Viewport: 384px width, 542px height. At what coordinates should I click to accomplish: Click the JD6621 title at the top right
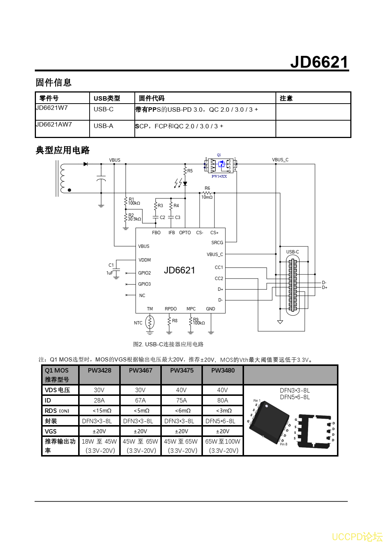click(319, 62)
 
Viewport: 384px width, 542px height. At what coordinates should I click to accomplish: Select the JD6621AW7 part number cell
click(54, 125)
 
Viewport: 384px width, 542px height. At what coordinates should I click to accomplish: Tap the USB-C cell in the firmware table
click(104, 110)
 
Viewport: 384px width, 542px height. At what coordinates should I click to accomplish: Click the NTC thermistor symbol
click(150, 322)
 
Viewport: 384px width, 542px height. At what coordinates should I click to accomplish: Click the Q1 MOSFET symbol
click(221, 165)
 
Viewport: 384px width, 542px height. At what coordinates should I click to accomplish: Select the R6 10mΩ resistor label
click(207, 193)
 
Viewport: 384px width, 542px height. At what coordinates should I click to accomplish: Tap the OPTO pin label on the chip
click(185, 233)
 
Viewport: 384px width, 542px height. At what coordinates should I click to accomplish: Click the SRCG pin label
click(217, 243)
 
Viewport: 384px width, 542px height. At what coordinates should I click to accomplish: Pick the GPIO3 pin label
click(144, 284)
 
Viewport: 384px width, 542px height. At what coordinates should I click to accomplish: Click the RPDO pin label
click(171, 309)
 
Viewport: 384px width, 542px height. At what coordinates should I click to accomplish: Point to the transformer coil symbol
click(62, 178)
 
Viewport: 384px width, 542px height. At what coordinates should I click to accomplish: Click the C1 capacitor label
click(111, 265)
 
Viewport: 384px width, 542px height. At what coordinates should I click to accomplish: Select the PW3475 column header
click(182, 371)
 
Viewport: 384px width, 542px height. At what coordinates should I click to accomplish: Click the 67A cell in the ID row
click(140, 400)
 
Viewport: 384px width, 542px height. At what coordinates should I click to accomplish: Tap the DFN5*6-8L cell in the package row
click(223, 421)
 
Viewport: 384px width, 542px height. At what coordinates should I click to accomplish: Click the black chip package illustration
click(270, 422)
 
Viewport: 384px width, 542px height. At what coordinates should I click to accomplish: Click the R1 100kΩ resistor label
click(133, 201)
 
